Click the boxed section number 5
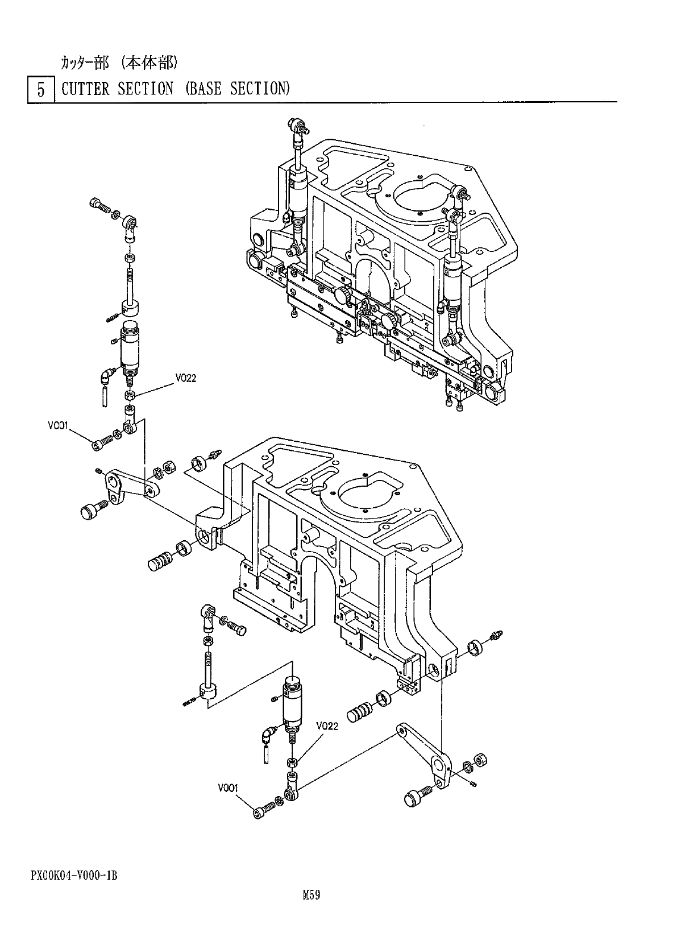(x=41, y=90)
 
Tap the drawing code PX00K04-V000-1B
(x=74, y=876)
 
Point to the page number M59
(x=312, y=896)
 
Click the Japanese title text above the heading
(x=119, y=63)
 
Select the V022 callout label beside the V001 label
(x=327, y=726)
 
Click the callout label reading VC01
(x=58, y=425)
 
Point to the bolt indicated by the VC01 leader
(x=101, y=442)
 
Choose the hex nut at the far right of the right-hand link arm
(x=481, y=760)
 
